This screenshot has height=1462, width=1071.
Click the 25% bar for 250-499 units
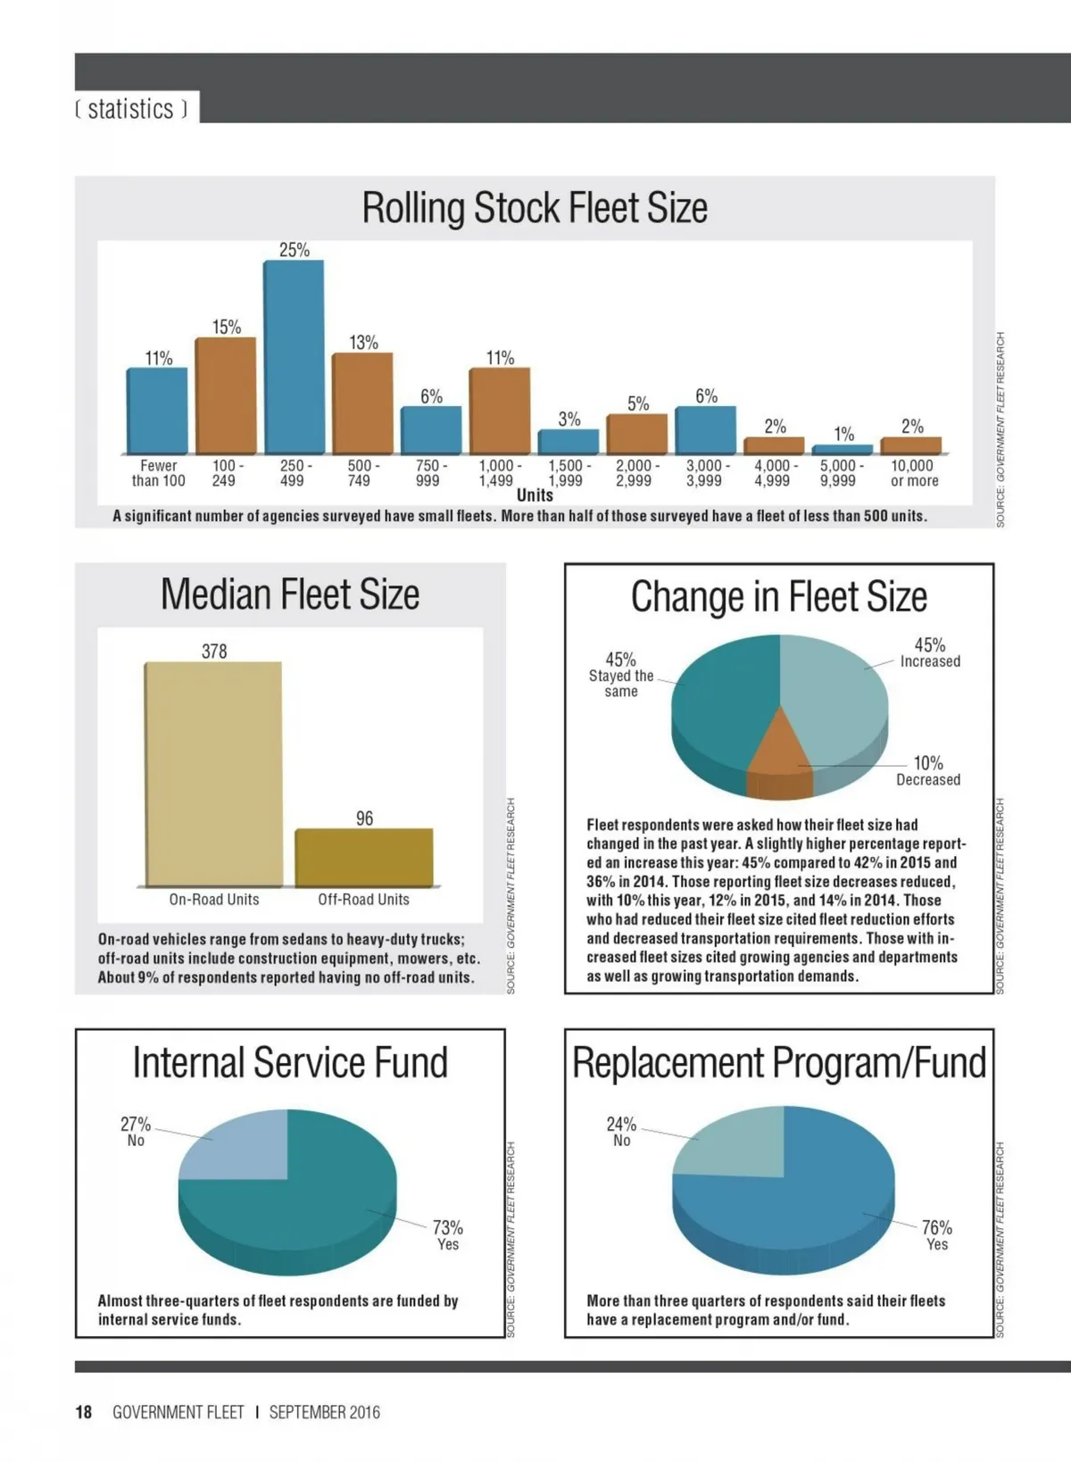[293, 357]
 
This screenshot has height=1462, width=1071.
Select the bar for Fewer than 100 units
[157, 411]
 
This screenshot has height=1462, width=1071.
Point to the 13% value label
[363, 343]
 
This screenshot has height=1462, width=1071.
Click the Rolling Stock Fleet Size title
[534, 208]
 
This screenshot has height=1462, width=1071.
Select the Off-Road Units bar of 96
[364, 858]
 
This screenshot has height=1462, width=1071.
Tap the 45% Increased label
[929, 652]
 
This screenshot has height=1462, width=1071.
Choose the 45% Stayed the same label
[621, 674]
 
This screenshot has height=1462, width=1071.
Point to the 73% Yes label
[447, 1235]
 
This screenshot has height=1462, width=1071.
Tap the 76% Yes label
[937, 1235]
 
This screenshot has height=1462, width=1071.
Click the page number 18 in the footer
[84, 1412]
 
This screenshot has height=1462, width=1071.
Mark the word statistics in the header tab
[131, 109]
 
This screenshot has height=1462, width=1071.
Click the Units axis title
[535, 495]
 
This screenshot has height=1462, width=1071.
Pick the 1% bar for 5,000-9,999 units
[843, 450]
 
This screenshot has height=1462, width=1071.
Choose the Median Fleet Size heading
[290, 594]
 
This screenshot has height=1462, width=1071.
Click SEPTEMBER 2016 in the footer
[324, 1412]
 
